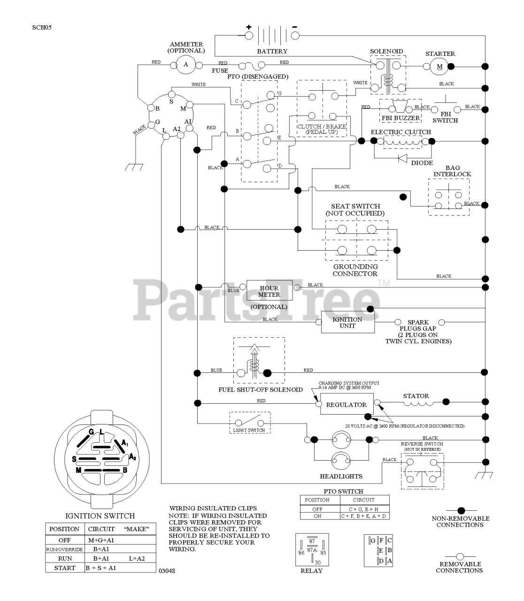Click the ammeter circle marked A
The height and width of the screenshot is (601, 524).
(185, 64)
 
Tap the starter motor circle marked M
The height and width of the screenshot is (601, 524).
(440, 66)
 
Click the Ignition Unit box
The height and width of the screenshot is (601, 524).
(347, 322)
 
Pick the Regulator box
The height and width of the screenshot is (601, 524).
(347, 404)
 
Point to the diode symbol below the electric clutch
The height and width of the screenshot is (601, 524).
(403, 158)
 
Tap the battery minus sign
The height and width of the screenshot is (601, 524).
(295, 26)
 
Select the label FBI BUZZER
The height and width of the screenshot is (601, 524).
(401, 118)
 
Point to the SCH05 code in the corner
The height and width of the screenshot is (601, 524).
(42, 27)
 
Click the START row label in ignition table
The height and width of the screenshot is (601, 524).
(65, 568)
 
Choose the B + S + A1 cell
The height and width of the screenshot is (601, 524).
(101, 568)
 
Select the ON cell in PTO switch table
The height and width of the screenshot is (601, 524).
(317, 516)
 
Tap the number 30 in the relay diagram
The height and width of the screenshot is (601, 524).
(317, 562)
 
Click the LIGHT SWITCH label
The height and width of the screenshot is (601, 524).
(249, 430)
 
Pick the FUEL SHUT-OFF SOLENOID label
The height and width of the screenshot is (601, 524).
(261, 390)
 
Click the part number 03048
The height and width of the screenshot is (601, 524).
(166, 571)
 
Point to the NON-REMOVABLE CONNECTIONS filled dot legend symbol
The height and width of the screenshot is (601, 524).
(461, 510)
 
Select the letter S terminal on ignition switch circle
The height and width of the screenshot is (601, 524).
(171, 101)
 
